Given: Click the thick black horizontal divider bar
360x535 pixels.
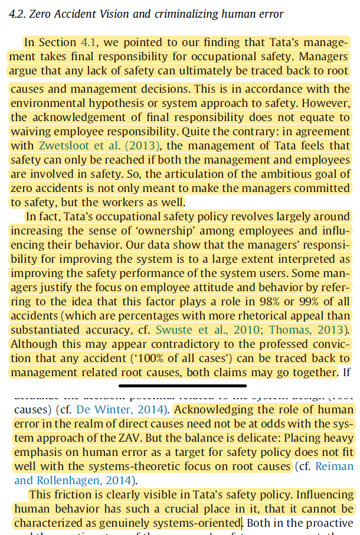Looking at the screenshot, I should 182,384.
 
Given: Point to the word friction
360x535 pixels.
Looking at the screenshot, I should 73,494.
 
